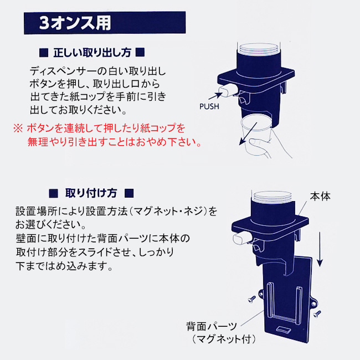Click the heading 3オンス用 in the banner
pos(75,23)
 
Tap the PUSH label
pos(209,106)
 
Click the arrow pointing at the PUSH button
pos(215,96)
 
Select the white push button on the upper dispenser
pos(227,90)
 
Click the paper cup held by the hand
pos(256,133)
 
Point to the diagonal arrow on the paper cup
pos(248,133)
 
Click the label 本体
pos(320,197)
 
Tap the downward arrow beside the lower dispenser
pos(320,249)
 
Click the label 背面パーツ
pos(211,326)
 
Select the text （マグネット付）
pos(224,339)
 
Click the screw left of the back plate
pos(252,299)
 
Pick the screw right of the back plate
pos(317,313)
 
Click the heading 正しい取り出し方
pos(92,53)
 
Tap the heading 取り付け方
pos(91,193)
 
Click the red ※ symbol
pos(18,128)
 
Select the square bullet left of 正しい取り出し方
pos(44,53)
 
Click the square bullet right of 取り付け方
pos(129,193)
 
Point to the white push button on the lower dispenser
pos(241,239)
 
